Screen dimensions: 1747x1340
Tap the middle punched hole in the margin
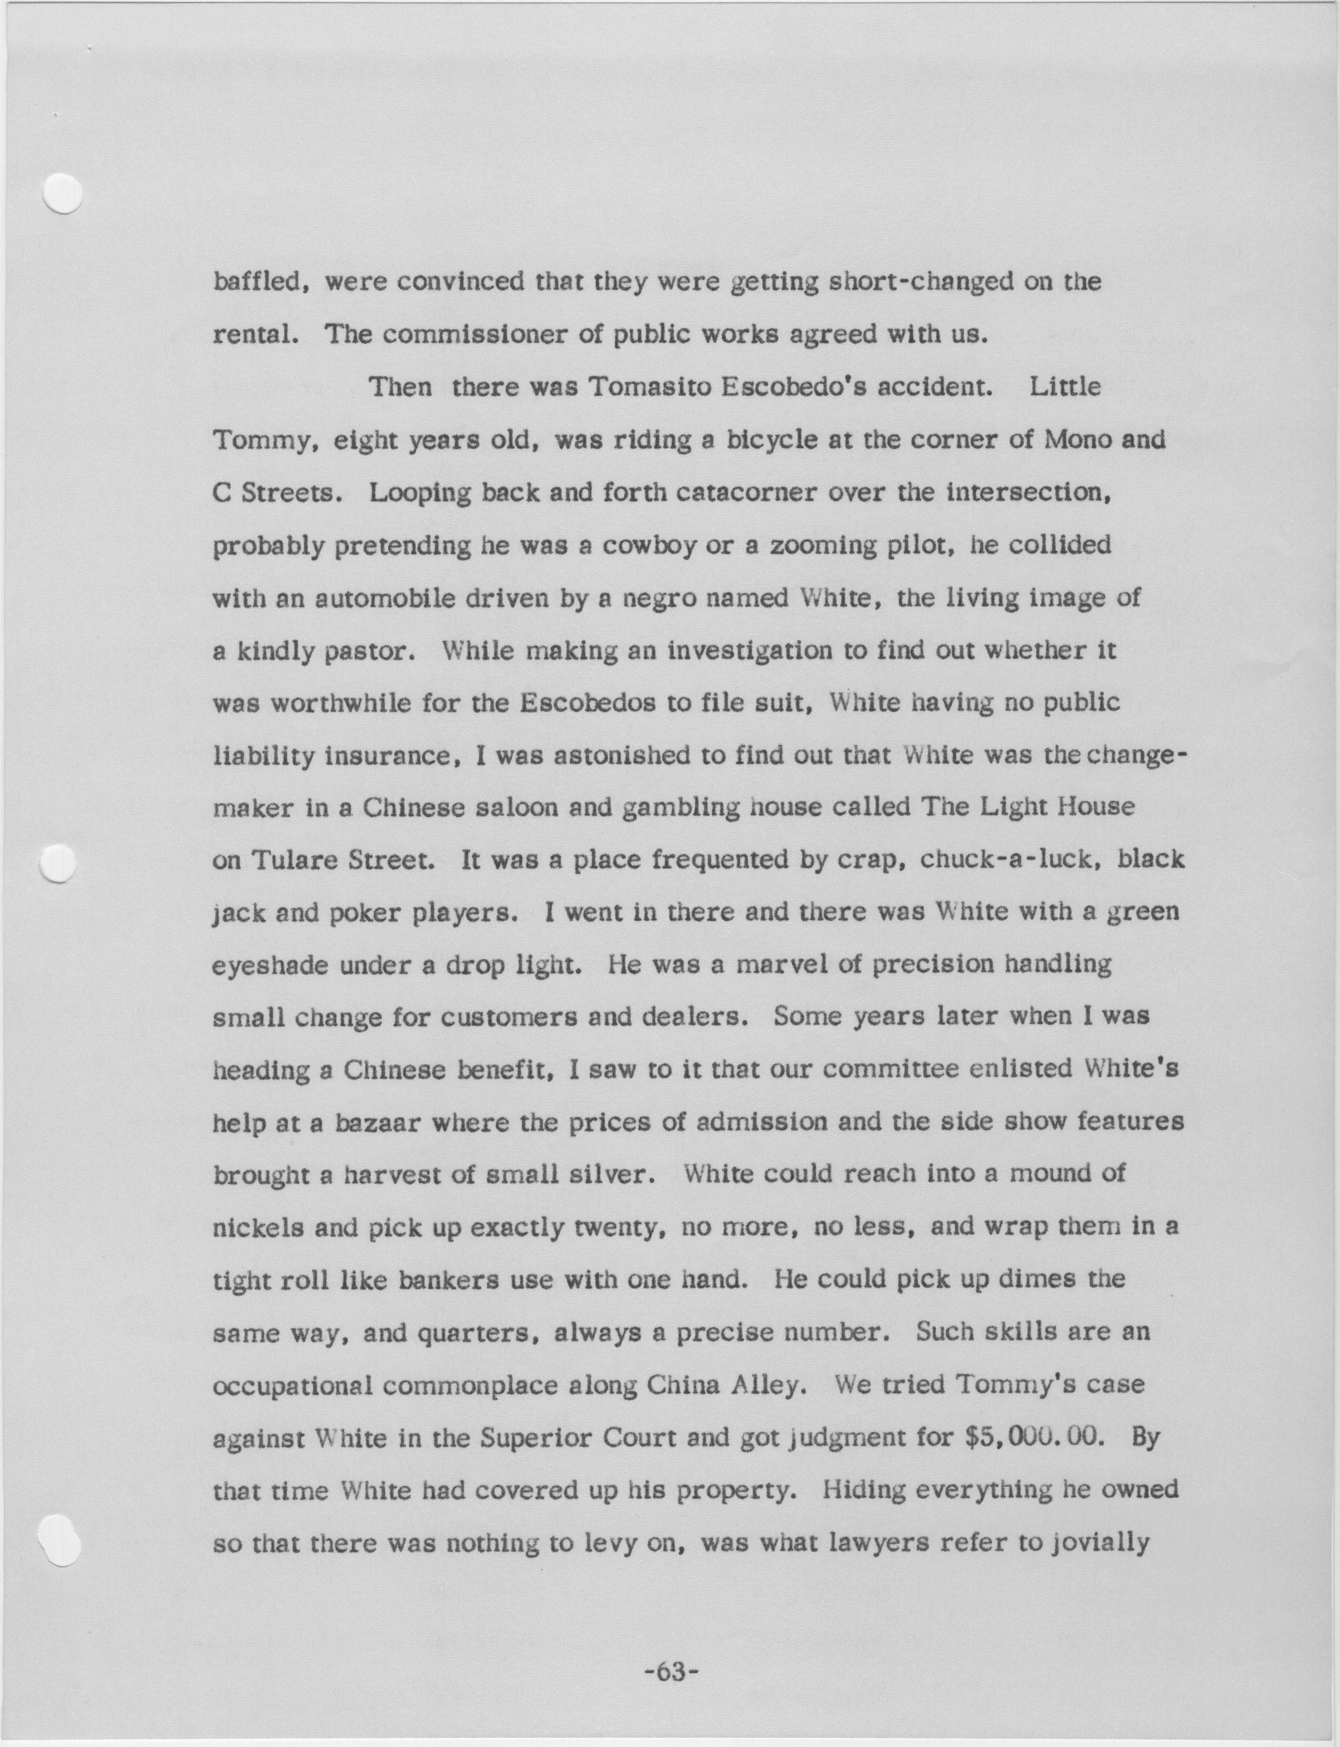click(57, 863)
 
